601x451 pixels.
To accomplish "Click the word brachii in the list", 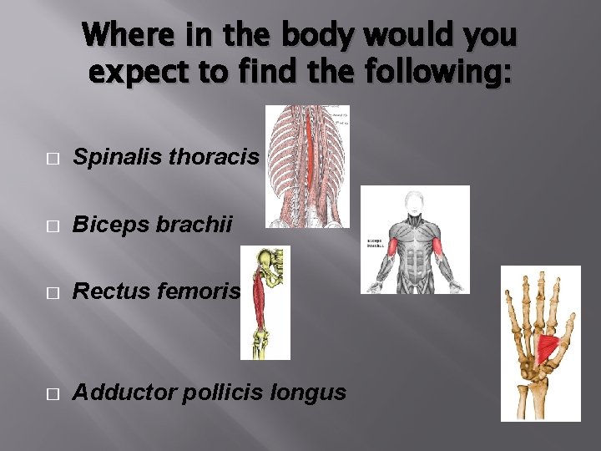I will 193,225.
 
